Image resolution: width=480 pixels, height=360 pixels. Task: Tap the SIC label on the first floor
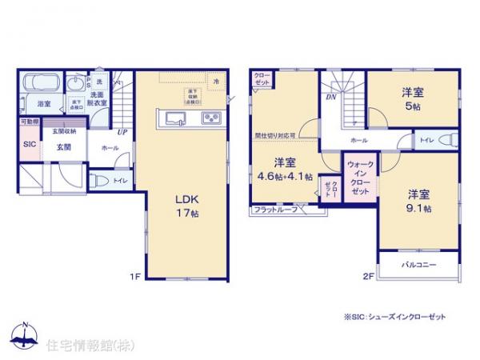29,144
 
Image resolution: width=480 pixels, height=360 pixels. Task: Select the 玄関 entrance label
65,146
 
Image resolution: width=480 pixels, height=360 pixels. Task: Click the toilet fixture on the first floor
99,179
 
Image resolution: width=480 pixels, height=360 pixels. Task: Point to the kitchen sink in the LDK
176,120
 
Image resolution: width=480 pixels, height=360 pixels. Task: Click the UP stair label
122,132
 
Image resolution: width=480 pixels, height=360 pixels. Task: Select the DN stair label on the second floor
329,98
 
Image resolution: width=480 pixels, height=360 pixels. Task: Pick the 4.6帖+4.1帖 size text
284,177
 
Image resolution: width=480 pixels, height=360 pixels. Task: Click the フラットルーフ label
275,210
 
